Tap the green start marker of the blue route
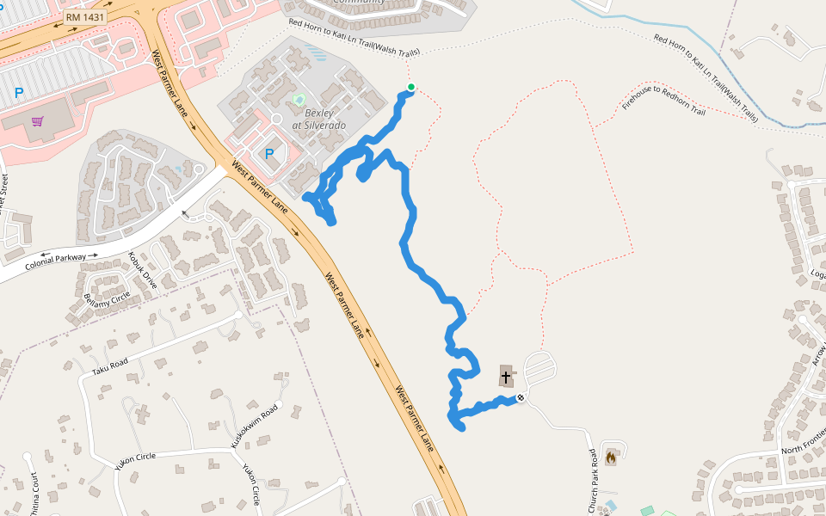411,87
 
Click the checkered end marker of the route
521,397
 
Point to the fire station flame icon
611,458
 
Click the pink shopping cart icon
37,121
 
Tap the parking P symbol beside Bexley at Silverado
269,154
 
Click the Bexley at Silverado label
318,120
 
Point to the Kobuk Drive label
143,269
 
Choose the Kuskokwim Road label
256,425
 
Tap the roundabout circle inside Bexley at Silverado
277,119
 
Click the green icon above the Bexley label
299,101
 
